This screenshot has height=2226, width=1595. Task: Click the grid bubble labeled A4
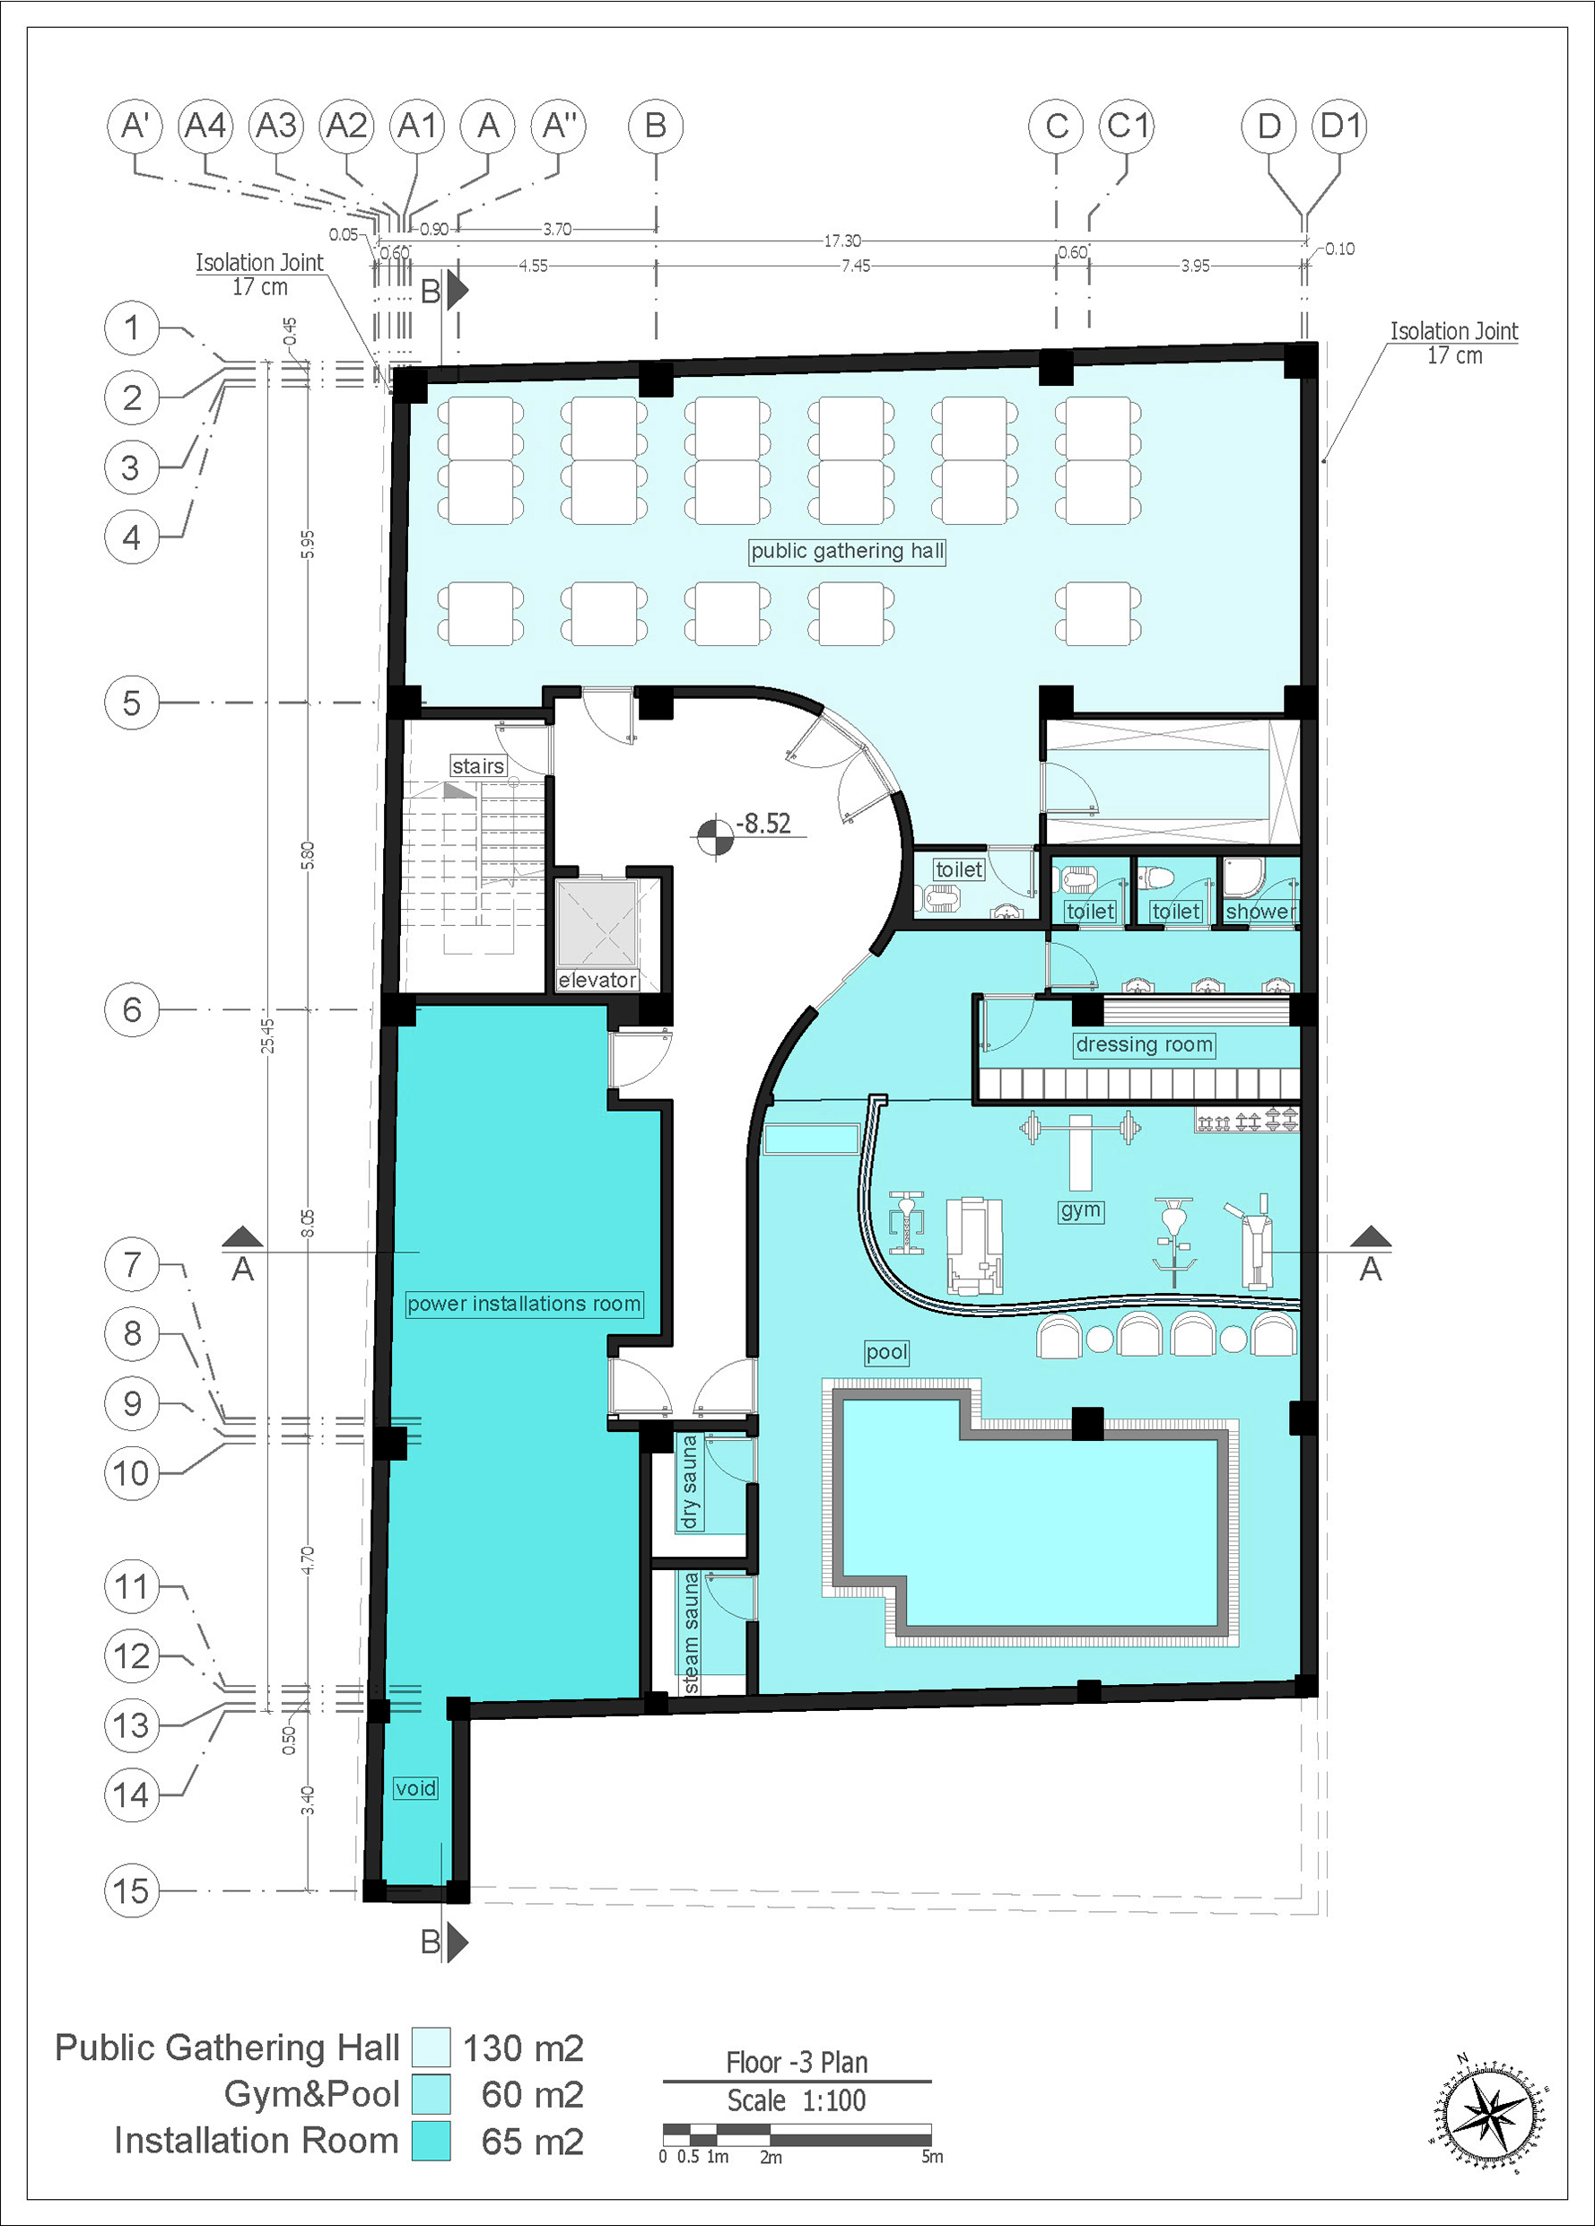point(206,127)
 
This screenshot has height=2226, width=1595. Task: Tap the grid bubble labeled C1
point(1127,127)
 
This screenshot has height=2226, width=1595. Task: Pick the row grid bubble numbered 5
point(132,703)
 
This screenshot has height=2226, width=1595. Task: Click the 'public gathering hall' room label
point(847,552)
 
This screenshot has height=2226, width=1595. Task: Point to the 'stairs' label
point(478,765)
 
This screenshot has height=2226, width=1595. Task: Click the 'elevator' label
point(597,980)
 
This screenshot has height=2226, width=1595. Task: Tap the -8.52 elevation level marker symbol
point(716,838)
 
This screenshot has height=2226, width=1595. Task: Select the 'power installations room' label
point(524,1304)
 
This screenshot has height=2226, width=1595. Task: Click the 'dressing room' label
point(1145,1045)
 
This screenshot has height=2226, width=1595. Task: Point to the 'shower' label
point(1260,912)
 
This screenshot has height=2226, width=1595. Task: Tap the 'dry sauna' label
point(689,1481)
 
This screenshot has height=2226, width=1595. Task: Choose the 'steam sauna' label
point(691,1633)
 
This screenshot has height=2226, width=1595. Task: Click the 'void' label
point(415,1788)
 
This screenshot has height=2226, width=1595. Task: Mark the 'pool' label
point(886,1352)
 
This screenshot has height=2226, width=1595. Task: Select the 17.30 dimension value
point(842,240)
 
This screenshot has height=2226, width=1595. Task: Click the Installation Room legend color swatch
point(431,2141)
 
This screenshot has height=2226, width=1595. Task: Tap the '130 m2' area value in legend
point(523,2048)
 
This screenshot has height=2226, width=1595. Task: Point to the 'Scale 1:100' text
point(797,2100)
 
